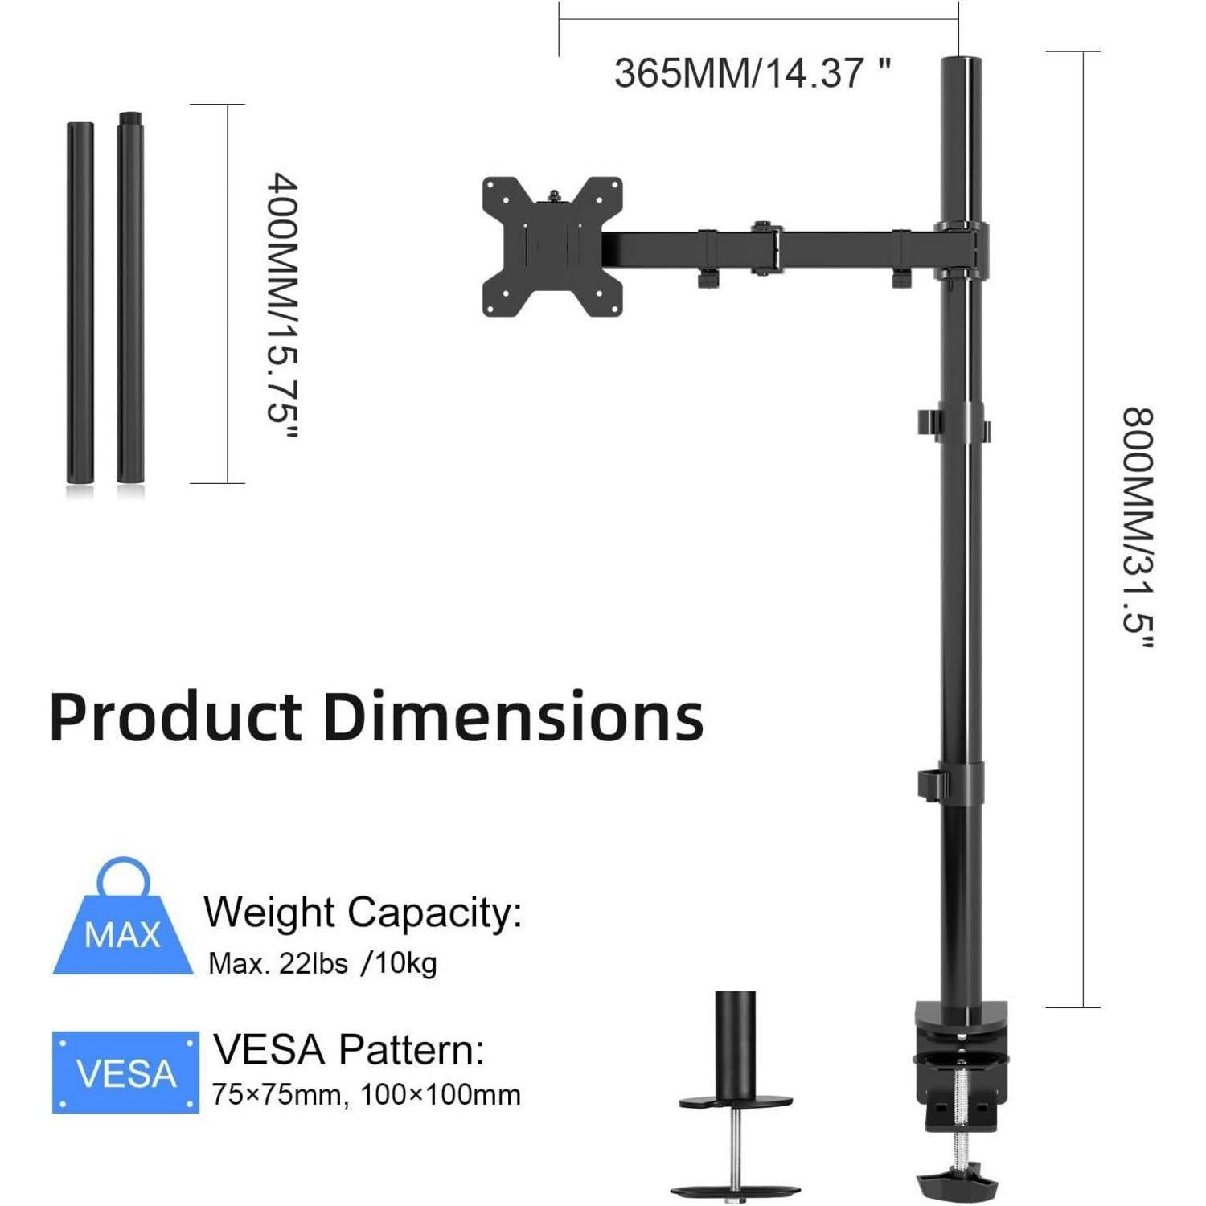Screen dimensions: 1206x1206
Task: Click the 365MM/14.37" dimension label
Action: [753, 73]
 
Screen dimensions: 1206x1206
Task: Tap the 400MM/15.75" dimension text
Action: [283, 306]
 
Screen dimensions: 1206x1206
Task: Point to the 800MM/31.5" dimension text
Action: [1138, 528]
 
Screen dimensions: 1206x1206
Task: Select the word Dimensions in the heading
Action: [513, 716]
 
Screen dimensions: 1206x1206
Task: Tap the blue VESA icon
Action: [125, 1073]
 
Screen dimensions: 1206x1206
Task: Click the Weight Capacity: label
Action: [363, 913]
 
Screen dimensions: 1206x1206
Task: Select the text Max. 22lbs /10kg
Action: [322, 963]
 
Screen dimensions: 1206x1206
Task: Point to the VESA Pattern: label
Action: [349, 1049]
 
